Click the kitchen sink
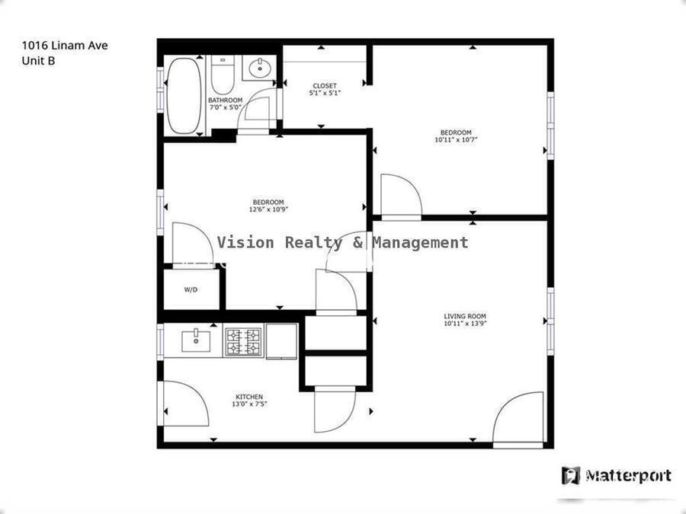point(197,340)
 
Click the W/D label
point(191,290)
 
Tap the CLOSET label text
point(324,86)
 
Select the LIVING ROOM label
point(465,316)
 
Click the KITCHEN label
point(249,397)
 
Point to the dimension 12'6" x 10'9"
point(268,209)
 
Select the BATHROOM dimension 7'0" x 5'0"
point(225,107)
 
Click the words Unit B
point(38,61)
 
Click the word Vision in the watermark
point(247,242)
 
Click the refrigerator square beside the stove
point(282,340)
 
